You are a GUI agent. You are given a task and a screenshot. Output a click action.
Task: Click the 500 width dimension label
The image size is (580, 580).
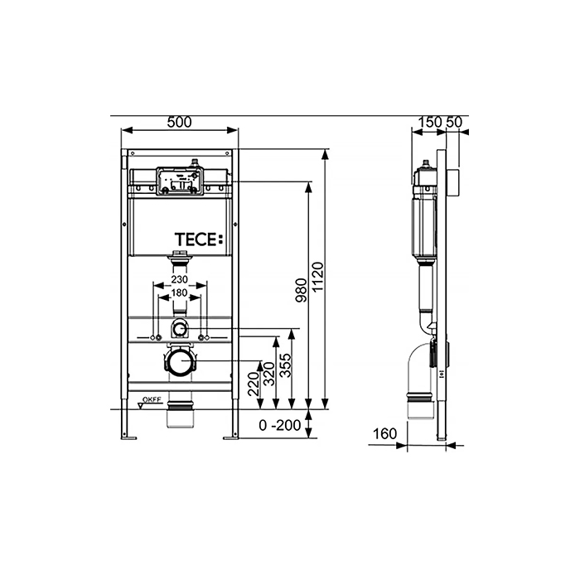click(x=180, y=122)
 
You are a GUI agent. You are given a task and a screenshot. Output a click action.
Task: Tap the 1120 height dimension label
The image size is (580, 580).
click(x=317, y=277)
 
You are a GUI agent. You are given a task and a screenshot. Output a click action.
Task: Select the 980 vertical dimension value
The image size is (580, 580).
click(x=302, y=290)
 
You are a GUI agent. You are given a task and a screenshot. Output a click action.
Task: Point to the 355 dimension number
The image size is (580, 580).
click(x=285, y=366)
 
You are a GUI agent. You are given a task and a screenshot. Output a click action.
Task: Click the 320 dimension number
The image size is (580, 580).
click(x=269, y=374)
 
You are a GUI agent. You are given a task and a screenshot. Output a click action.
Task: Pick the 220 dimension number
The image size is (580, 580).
click(x=254, y=384)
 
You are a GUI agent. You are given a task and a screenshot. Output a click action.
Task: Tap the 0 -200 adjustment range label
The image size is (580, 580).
click(x=280, y=425)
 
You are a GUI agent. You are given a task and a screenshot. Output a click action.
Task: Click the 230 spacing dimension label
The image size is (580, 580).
click(x=180, y=279)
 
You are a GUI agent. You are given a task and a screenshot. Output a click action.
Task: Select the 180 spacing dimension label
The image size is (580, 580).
click(x=180, y=293)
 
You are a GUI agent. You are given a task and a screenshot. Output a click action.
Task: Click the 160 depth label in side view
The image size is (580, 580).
click(x=384, y=433)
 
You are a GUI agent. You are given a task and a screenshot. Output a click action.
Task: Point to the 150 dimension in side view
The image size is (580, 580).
click(x=430, y=122)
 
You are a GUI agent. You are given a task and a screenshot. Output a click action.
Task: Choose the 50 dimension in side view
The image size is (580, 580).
click(x=454, y=122)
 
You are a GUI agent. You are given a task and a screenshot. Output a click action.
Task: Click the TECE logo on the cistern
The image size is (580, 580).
click(x=199, y=239)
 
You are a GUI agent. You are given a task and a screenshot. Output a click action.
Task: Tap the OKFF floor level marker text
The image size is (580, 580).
click(x=152, y=399)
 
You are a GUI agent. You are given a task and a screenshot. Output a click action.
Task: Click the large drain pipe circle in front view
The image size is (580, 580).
click(x=181, y=361)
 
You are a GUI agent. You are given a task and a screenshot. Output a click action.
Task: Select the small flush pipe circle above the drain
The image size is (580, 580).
click(x=180, y=328)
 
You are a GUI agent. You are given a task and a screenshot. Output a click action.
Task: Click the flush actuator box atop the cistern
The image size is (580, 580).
click(x=180, y=181)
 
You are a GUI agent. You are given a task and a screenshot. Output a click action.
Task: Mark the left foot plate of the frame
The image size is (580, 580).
click(x=128, y=438)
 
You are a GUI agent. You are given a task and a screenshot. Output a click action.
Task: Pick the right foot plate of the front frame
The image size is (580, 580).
click(x=231, y=438)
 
